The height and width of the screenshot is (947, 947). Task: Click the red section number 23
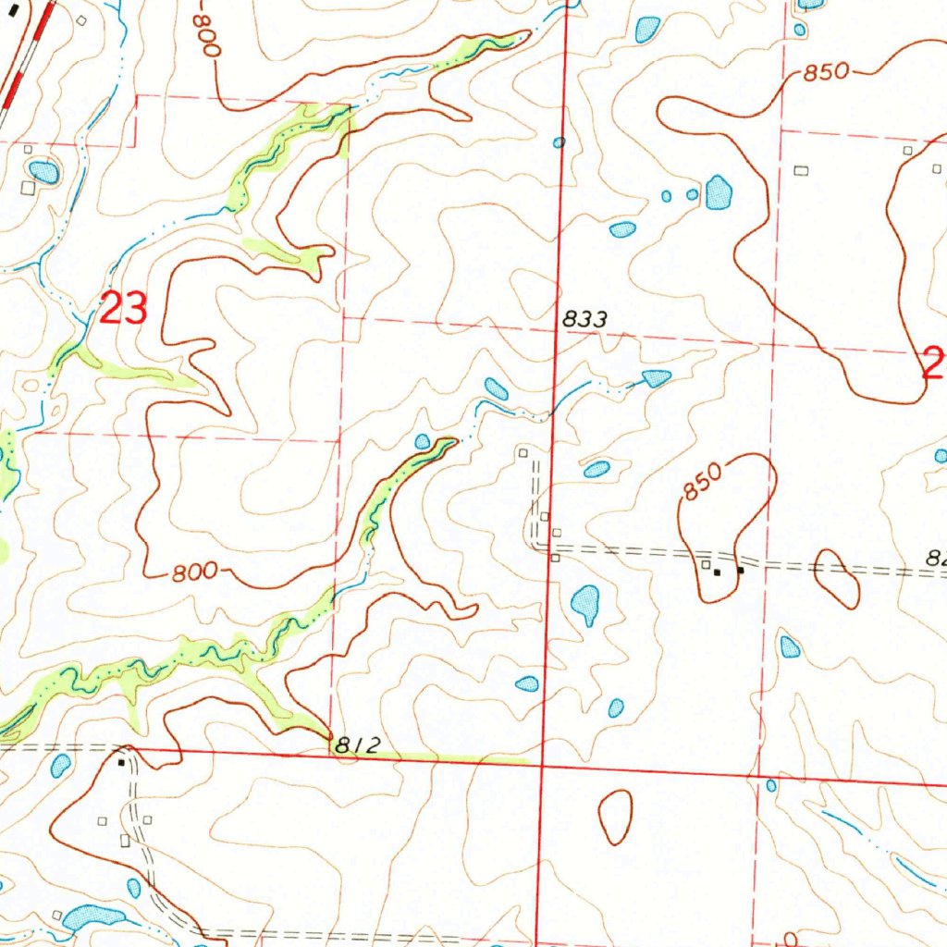pos(123,309)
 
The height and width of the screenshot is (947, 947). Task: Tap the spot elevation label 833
pos(585,320)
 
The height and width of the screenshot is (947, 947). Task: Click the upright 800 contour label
pos(194,573)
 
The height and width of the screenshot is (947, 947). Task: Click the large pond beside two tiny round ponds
pos(719,192)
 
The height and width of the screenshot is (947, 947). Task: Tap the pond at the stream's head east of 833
pos(656,377)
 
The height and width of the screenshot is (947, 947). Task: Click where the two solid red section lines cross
pos(541,767)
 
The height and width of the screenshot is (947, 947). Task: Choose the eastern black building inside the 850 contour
pos(740,570)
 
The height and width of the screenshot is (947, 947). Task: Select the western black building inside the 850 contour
pos(716,572)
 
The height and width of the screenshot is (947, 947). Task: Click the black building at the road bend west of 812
pos(121,763)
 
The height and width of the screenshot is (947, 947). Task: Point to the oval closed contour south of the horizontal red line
pos(615,817)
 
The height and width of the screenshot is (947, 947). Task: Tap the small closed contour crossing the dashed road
pos(835,578)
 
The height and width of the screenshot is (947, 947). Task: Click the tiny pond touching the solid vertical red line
pos(559,142)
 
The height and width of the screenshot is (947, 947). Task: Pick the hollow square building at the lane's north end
pos(523,452)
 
